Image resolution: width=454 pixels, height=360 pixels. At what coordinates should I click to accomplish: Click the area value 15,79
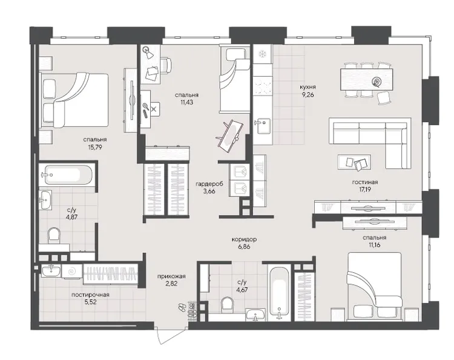click(x=95, y=147)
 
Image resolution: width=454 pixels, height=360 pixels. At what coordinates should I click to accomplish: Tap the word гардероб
click(x=209, y=183)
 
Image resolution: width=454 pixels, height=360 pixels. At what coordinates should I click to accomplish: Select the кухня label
click(x=308, y=87)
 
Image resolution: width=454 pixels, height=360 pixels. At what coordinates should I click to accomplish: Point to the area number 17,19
click(x=365, y=189)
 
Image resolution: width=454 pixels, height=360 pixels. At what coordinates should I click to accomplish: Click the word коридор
click(x=245, y=240)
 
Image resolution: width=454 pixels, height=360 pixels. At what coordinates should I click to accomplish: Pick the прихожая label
click(x=171, y=277)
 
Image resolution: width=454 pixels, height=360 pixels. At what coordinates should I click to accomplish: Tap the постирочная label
click(x=90, y=295)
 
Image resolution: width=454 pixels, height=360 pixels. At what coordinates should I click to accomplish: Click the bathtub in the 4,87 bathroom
click(x=68, y=174)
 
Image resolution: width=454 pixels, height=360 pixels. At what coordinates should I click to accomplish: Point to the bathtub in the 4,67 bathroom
click(x=279, y=292)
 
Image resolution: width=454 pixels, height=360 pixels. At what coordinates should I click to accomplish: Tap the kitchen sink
click(x=263, y=126)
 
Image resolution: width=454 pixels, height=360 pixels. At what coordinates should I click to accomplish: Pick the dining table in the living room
click(x=367, y=79)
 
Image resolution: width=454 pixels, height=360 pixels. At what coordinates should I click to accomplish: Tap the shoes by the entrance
click(x=182, y=307)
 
